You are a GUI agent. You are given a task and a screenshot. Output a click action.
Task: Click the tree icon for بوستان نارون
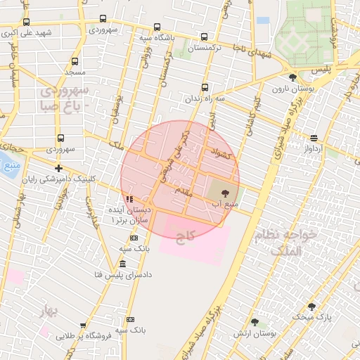click(292, 77)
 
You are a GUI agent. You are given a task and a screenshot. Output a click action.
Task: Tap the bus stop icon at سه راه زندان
click(205, 88)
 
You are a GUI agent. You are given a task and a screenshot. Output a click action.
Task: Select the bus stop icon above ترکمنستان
click(204, 37)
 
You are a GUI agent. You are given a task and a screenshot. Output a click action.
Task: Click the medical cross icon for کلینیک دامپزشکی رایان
click(58, 168)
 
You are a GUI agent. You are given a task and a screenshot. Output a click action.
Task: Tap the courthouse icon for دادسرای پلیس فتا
click(123, 264)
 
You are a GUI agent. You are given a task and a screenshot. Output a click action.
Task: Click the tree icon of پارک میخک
click(311, 307)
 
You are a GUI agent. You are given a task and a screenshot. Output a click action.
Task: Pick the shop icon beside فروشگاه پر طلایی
click(83, 325)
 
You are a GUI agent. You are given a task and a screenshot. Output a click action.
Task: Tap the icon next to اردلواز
click(313, 138)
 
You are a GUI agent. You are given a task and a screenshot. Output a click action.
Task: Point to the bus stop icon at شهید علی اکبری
click(27, 22)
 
